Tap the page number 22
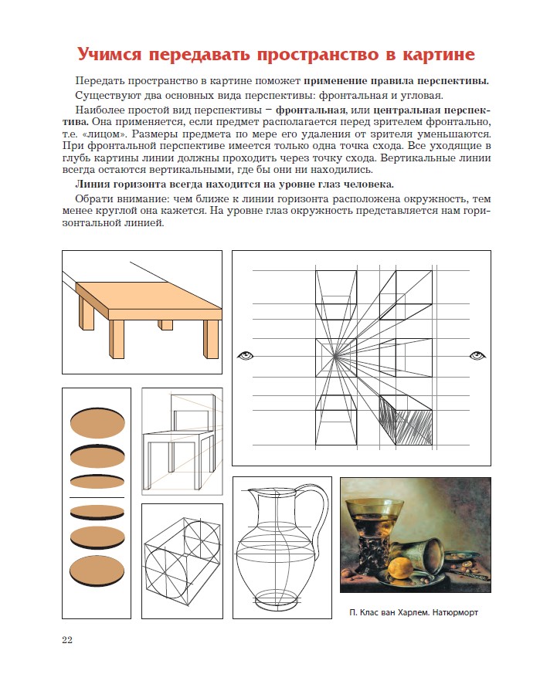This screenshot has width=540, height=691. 68,639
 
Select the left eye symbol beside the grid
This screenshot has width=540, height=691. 246,355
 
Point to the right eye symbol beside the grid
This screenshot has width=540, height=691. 477,355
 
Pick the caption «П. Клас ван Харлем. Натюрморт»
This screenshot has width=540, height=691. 414,614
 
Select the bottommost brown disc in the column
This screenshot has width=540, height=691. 97,569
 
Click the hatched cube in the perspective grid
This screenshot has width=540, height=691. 408,421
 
